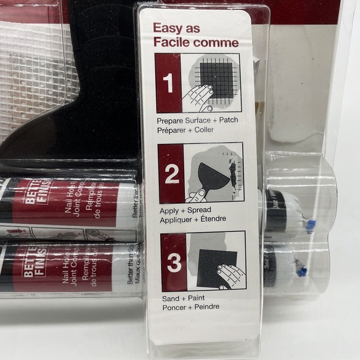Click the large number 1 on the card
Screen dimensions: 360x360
coord(168,83)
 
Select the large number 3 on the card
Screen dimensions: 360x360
coord(174,261)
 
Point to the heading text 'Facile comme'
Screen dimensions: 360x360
coord(195,42)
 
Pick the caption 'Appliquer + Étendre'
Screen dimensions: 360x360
coord(192,219)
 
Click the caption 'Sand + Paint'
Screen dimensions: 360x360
coord(179,298)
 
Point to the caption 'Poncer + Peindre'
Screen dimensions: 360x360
coord(188,307)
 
